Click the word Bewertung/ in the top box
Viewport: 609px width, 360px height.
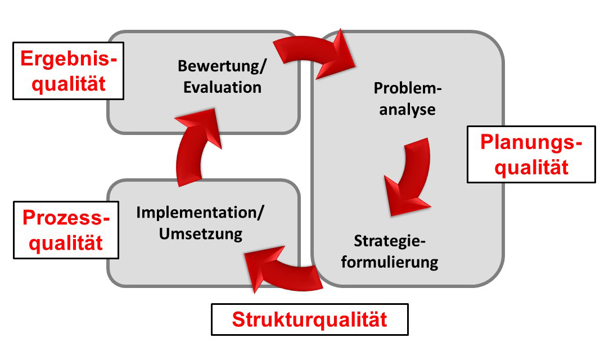pyautogui.click(x=222, y=66)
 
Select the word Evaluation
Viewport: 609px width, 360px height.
pyautogui.click(x=222, y=87)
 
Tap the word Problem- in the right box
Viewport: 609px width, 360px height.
pyautogui.click(x=408, y=88)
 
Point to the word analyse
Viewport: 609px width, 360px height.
pyautogui.click(x=408, y=110)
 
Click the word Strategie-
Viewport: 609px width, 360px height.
pyautogui.click(x=390, y=241)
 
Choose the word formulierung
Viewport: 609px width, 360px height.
pyautogui.click(x=390, y=262)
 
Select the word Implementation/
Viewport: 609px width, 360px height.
pyautogui.click(x=200, y=213)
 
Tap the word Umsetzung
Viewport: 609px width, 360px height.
pyautogui.click(x=200, y=234)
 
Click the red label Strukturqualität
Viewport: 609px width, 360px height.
pyautogui.click(x=309, y=319)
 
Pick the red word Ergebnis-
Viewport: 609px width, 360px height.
pyautogui.click(x=69, y=59)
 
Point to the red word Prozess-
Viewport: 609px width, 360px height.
pyautogui.click(x=66, y=218)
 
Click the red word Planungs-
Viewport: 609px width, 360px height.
pyautogui.click(x=531, y=143)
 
